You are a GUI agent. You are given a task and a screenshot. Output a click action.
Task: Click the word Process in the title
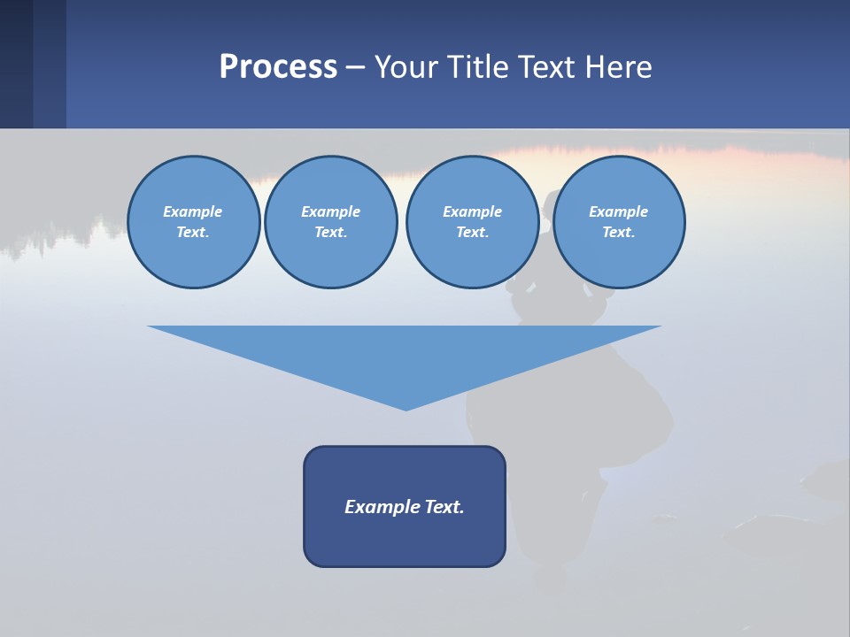(x=278, y=67)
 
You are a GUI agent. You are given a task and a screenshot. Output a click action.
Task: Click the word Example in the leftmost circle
(x=193, y=211)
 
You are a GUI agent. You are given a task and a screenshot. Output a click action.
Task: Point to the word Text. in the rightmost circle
(x=619, y=233)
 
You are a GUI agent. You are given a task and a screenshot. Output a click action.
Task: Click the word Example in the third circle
(x=472, y=211)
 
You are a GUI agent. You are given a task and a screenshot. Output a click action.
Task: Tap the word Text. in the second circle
(x=331, y=233)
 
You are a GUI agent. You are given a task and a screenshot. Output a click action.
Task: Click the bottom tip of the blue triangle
(x=406, y=408)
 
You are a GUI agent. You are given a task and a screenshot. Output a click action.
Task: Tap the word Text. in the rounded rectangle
(x=444, y=507)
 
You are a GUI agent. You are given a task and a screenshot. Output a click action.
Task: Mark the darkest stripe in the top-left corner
(x=16, y=64)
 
